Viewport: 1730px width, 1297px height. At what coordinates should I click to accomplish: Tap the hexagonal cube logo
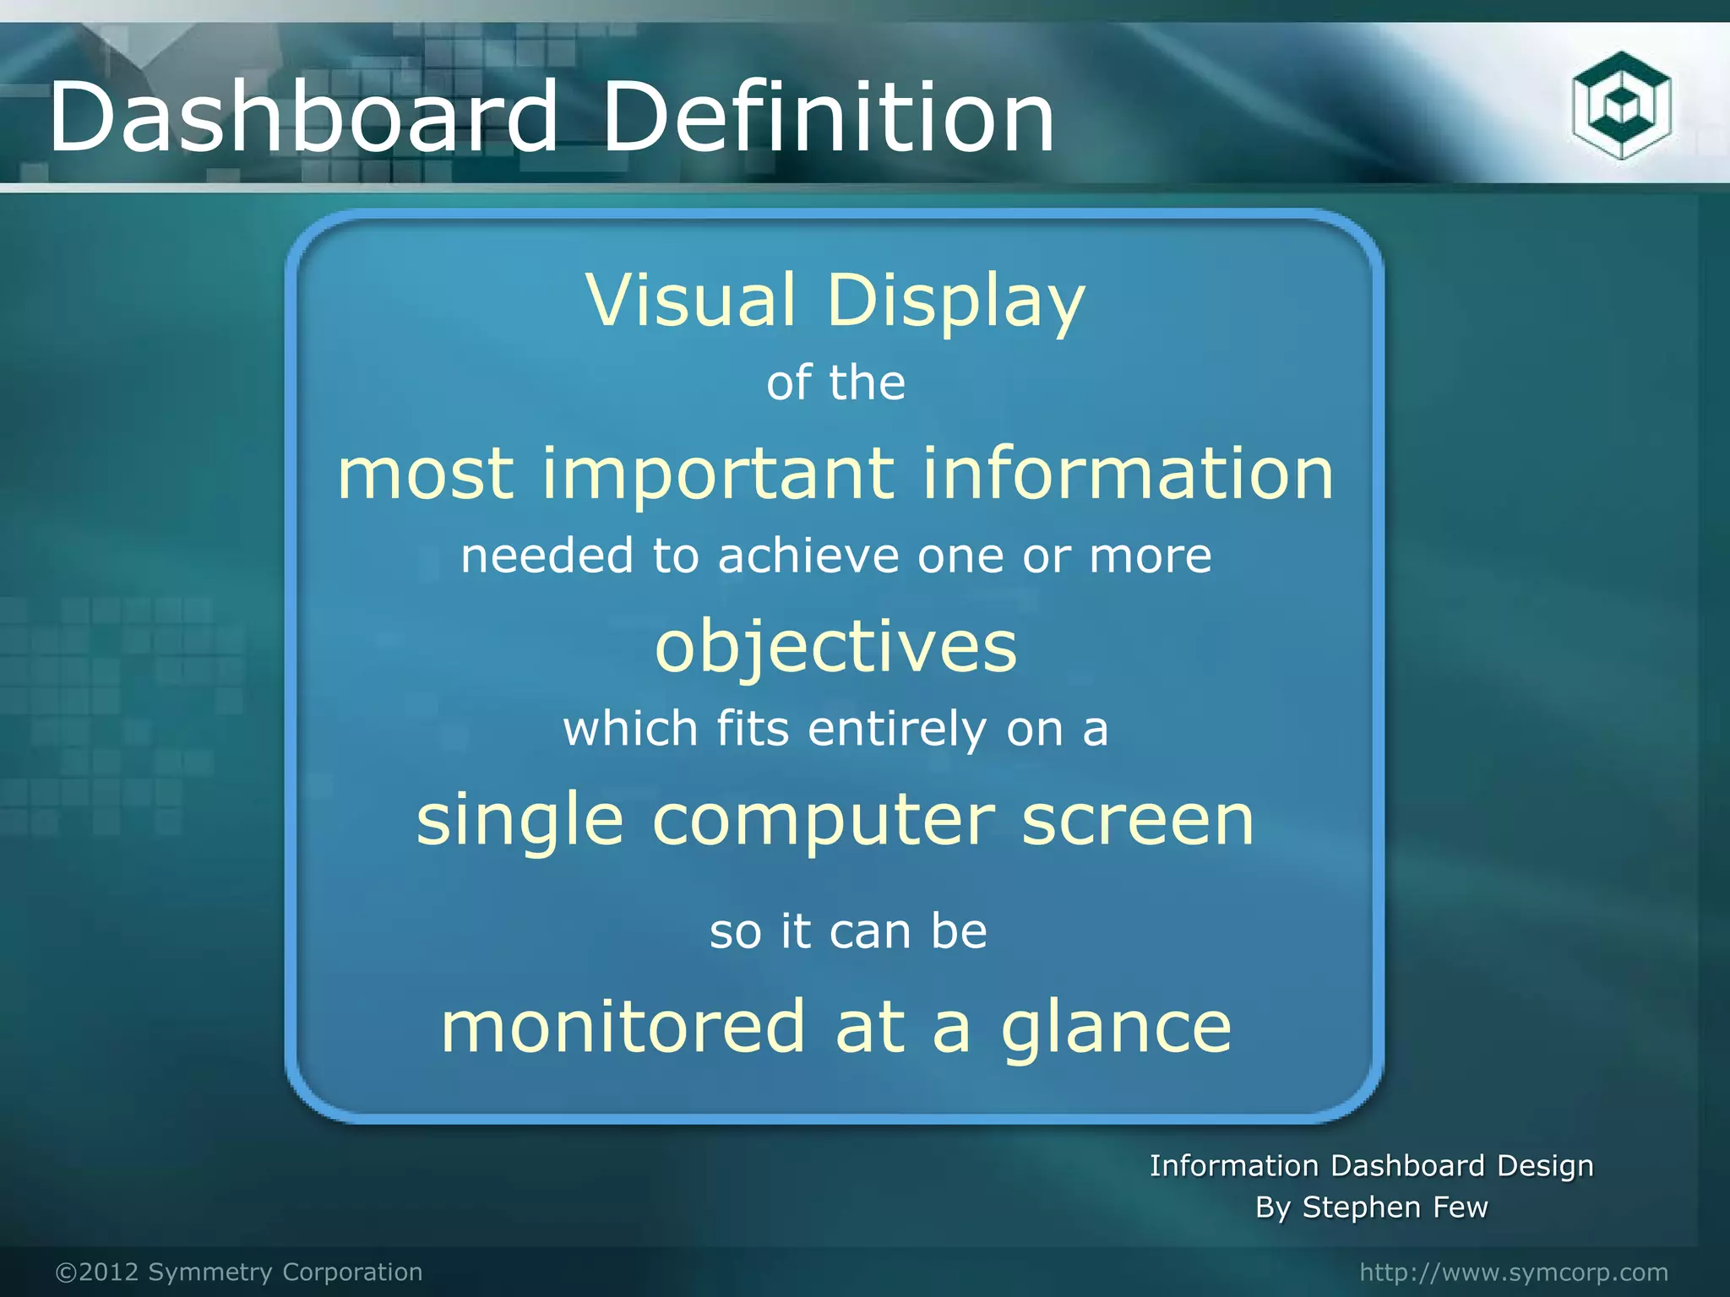pyautogui.click(x=1621, y=105)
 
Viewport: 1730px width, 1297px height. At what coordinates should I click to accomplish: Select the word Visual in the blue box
pyautogui.click(x=690, y=301)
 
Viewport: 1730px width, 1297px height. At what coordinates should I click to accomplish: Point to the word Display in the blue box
pyautogui.click(x=955, y=302)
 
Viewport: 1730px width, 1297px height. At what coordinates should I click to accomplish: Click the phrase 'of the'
pyautogui.click(x=835, y=383)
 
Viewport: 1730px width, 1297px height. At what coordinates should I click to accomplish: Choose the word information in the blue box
pyautogui.click(x=1128, y=474)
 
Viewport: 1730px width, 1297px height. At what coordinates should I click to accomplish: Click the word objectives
pyautogui.click(x=835, y=648)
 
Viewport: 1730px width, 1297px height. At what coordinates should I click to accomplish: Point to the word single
pyautogui.click(x=520, y=822)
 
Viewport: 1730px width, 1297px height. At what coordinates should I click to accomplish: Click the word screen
pyautogui.click(x=1137, y=820)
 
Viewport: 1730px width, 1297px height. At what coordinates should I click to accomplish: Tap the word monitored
pyautogui.click(x=623, y=1027)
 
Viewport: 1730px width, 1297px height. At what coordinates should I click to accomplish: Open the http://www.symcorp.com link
pyautogui.click(x=1514, y=1272)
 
